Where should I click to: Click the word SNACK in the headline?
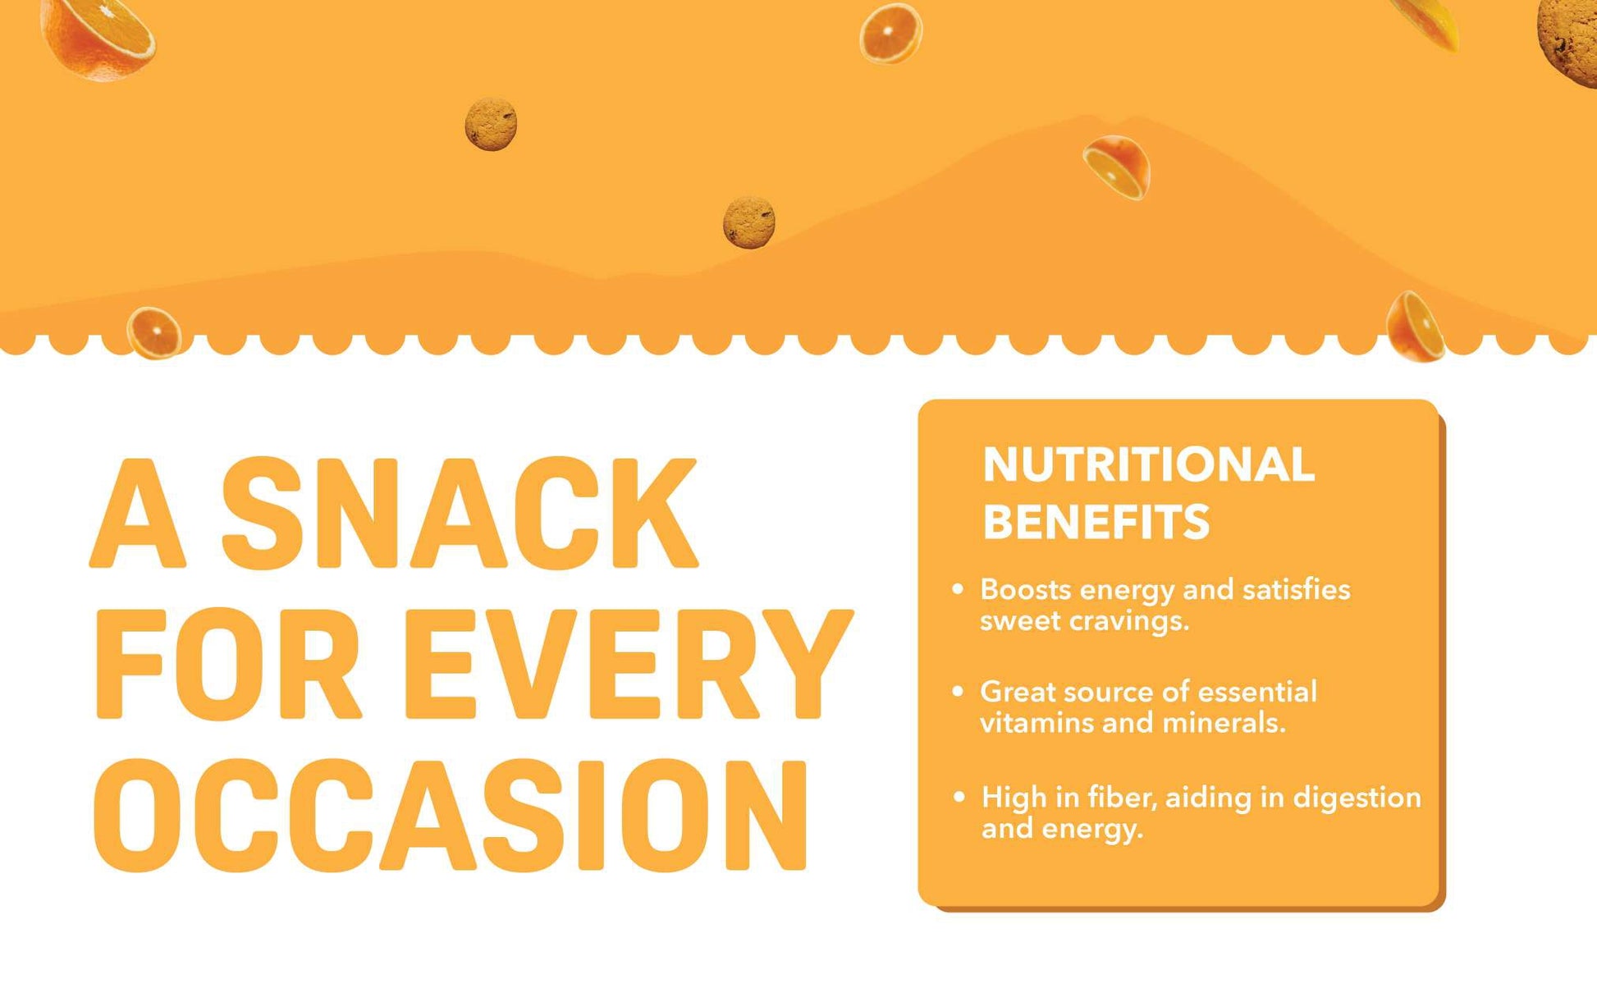pyautogui.click(x=460, y=513)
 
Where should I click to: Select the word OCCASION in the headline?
pyautogui.click(x=451, y=815)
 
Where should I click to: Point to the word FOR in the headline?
pyautogui.click(x=228, y=665)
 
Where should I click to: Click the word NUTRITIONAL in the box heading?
pyautogui.click(x=1148, y=465)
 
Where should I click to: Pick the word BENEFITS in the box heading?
pyautogui.click(x=1096, y=522)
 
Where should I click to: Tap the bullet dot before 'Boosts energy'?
pyautogui.click(x=957, y=589)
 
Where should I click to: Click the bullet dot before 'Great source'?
pyautogui.click(x=957, y=692)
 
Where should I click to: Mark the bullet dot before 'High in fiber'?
pyautogui.click(x=959, y=797)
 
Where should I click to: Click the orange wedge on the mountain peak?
pyautogui.click(x=1117, y=167)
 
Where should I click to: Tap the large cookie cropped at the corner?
pyautogui.click(x=1567, y=41)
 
